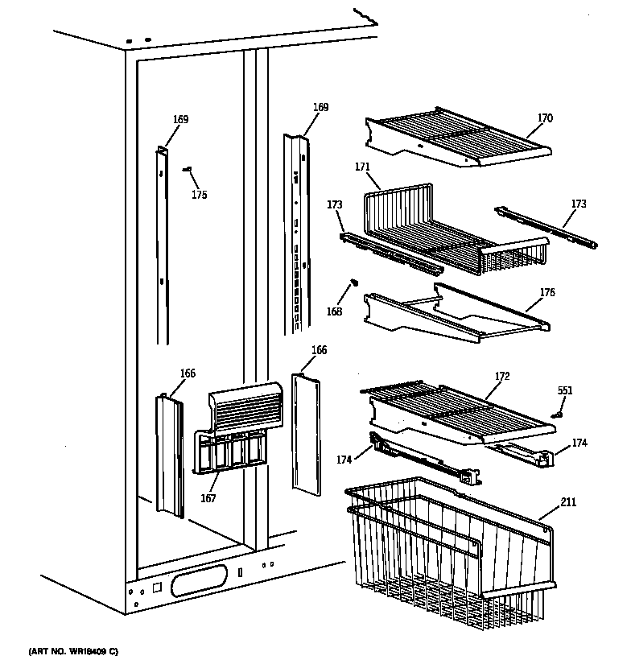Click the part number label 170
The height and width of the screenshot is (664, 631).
pyautogui.click(x=545, y=118)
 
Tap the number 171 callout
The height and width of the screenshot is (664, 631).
pyautogui.click(x=362, y=167)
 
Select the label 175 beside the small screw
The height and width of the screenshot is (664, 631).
pyautogui.click(x=199, y=194)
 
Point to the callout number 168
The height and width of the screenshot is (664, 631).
pyautogui.click(x=334, y=311)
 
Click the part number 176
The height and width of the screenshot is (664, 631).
pyautogui.click(x=547, y=292)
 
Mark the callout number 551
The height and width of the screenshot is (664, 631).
pyautogui.click(x=566, y=390)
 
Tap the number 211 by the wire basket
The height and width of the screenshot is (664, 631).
pyautogui.click(x=568, y=505)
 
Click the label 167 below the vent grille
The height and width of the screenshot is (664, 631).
pyautogui.click(x=208, y=497)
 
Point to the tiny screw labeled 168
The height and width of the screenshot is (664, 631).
pyautogui.click(x=353, y=283)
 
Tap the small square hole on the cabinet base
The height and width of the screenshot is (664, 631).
pyautogui.click(x=157, y=588)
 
